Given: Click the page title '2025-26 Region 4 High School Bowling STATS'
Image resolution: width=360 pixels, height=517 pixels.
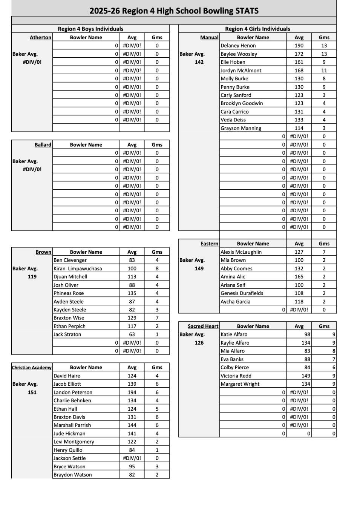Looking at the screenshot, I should pos(174,11).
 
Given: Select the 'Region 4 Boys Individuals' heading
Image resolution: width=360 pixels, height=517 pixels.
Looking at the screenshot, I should pos(90,29).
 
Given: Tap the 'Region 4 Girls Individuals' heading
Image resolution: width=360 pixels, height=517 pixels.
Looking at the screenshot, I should pos(257,29).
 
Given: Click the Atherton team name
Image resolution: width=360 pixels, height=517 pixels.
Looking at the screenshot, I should pos(40,37).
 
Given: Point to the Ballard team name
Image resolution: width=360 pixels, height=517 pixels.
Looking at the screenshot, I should pos(43,144).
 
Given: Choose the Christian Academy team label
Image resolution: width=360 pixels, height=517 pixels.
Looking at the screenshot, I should pos(32,367).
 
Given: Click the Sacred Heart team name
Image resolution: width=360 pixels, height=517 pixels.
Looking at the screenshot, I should pos(203,326).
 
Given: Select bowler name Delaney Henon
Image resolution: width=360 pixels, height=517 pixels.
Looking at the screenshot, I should pos(238,46).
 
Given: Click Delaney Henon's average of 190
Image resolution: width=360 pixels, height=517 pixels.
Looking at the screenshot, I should pos(299,46).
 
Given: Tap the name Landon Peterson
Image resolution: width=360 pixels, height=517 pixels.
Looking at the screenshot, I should pos(73,392).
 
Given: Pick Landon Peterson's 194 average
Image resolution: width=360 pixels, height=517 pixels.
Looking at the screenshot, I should pos(132,392).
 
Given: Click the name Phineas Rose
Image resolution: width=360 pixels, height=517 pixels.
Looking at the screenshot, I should pos(69,293).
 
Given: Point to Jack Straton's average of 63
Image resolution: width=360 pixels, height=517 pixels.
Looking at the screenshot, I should pos(132,334).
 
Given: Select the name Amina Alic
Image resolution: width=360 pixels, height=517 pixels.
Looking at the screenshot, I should pos(233,276).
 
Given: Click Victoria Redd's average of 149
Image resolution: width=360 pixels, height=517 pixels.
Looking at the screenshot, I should pos(306,376).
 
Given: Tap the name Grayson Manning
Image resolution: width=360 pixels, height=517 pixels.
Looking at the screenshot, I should pos(241,128).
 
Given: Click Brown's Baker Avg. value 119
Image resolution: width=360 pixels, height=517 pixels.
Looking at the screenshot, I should pos(32,276).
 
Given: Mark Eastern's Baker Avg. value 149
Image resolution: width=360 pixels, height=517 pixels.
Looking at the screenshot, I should pos(199,268).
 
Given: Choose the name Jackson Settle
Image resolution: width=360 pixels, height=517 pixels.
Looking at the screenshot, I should pos(70,458).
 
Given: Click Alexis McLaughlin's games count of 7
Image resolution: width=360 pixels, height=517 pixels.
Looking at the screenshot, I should pos(324,252).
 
